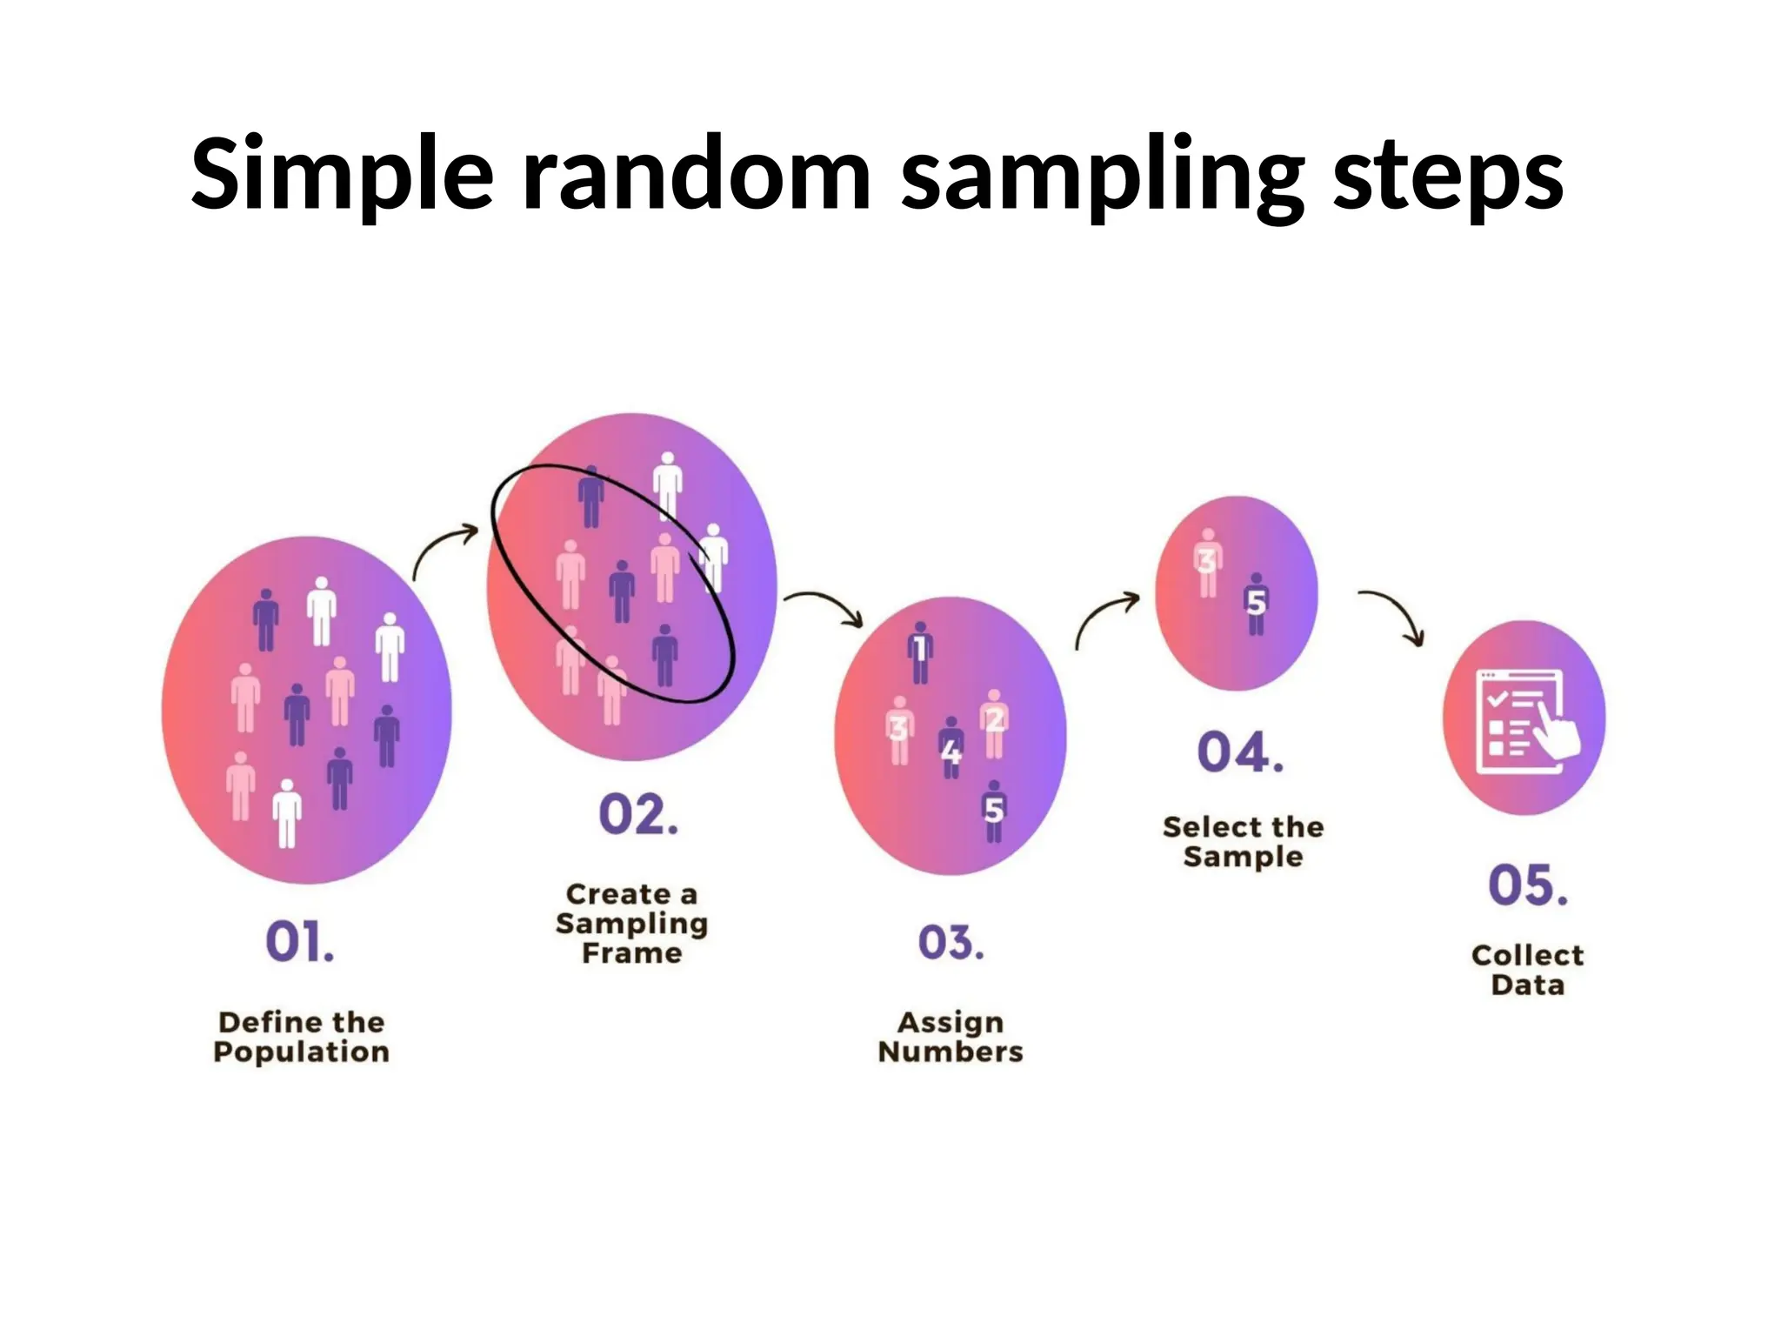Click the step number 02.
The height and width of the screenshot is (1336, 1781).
(637, 815)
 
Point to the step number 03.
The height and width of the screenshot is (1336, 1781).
(951, 943)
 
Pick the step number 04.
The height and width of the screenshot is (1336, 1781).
(1240, 752)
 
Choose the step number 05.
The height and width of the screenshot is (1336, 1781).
(1528, 885)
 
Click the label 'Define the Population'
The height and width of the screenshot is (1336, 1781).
(301, 1036)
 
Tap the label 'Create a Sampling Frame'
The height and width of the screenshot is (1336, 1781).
(632, 923)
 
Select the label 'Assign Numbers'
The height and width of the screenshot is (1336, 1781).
(951, 1036)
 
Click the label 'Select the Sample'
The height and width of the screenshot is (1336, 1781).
(1243, 841)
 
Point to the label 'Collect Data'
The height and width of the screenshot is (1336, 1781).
(1527, 969)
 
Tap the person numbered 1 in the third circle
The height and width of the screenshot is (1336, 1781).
(920, 652)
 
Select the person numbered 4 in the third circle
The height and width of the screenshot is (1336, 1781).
(951, 747)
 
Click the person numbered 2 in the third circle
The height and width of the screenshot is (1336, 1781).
(994, 723)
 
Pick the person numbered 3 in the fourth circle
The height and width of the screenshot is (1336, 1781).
(1208, 563)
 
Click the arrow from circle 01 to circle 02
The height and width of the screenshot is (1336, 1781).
(444, 550)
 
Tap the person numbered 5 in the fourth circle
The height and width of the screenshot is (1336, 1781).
(1256, 604)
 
